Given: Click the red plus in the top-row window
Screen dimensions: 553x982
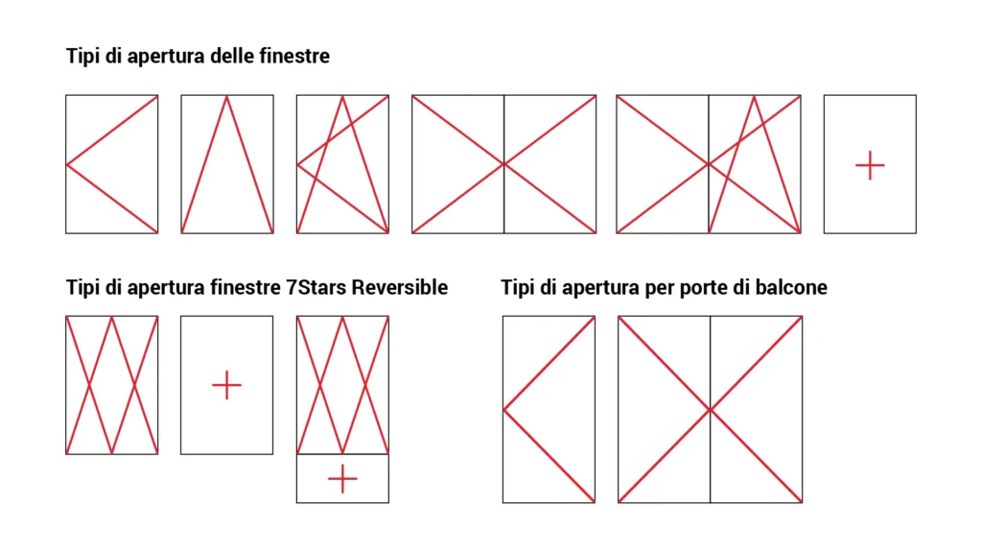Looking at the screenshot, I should tap(870, 165).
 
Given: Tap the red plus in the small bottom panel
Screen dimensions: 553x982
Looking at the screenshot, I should tap(342, 478).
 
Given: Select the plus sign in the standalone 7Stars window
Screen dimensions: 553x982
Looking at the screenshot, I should tap(226, 385).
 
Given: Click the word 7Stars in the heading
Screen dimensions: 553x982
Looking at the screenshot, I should tap(322, 287).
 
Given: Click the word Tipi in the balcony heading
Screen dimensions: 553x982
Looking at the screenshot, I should tap(519, 287).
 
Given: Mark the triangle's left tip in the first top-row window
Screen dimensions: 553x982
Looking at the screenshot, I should tap(67, 164).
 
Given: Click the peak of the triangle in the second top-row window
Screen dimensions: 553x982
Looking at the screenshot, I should tap(227, 96).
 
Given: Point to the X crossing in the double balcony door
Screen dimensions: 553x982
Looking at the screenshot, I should tap(710, 410).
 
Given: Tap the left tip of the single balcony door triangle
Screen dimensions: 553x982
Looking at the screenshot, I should tap(504, 410).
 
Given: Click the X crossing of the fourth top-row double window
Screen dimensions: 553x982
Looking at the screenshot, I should tap(504, 164).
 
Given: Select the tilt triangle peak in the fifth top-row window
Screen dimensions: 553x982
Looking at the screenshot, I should tap(755, 96).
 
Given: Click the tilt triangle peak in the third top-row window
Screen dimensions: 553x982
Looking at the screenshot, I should tap(342, 96).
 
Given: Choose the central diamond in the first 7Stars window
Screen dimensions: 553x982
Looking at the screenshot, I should tap(112, 385).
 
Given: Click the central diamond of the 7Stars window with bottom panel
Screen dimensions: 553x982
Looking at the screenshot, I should tap(342, 385).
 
